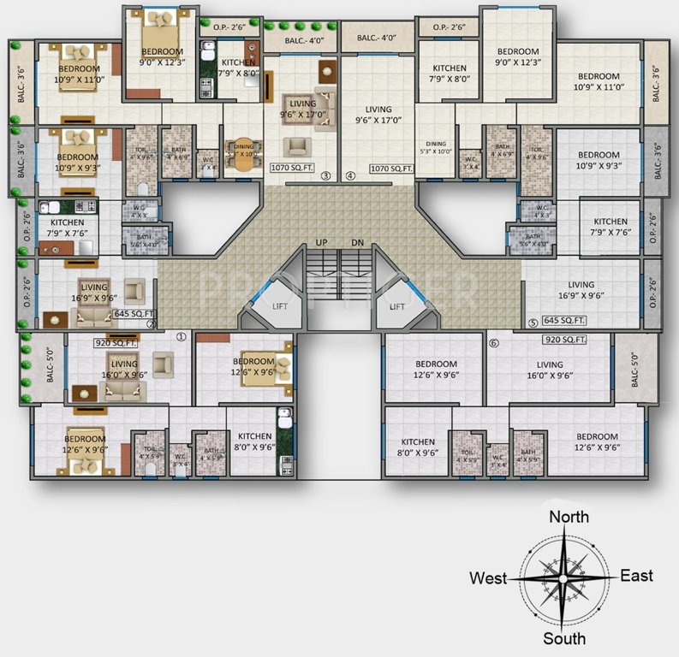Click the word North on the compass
[569, 516]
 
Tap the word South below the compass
[565, 638]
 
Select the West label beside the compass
[488, 578]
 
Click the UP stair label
[322, 243]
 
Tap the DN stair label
[357, 243]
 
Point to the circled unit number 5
[532, 323]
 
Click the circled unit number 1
[181, 336]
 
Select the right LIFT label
[396, 305]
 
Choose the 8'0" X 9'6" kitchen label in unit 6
[417, 447]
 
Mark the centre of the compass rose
[563, 578]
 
